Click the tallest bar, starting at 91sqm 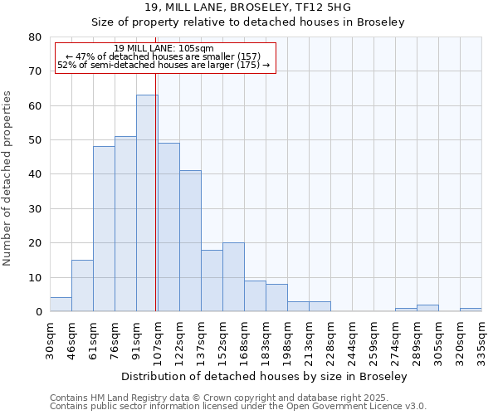click(x=147, y=203)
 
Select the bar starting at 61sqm click(x=104, y=229)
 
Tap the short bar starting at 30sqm click(x=61, y=305)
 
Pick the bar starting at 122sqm click(x=190, y=241)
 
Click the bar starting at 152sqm click(x=233, y=277)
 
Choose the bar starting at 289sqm click(x=427, y=308)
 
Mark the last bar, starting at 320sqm click(x=471, y=310)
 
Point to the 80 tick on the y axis click(x=34, y=37)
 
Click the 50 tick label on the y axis click(x=34, y=140)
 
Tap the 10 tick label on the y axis click(x=34, y=277)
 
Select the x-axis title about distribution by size click(x=264, y=376)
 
